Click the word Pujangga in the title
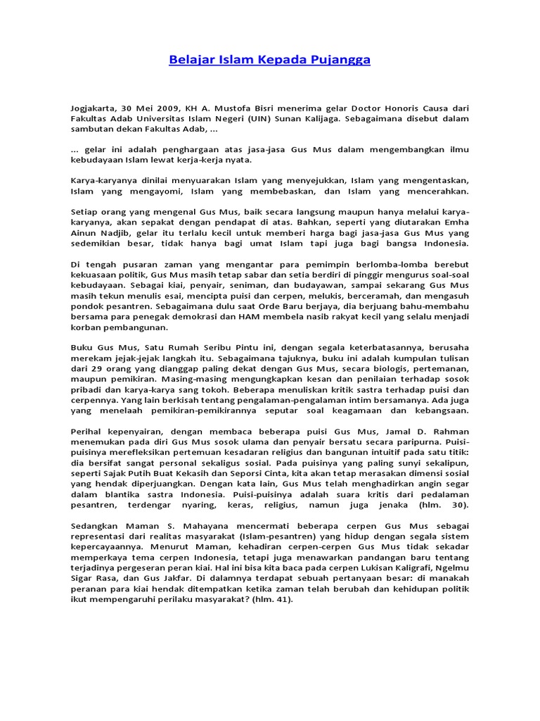pyautogui.click(x=342, y=60)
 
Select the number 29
pyautogui.click(x=94, y=368)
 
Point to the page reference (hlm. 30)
pyautogui.click(x=443, y=505)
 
